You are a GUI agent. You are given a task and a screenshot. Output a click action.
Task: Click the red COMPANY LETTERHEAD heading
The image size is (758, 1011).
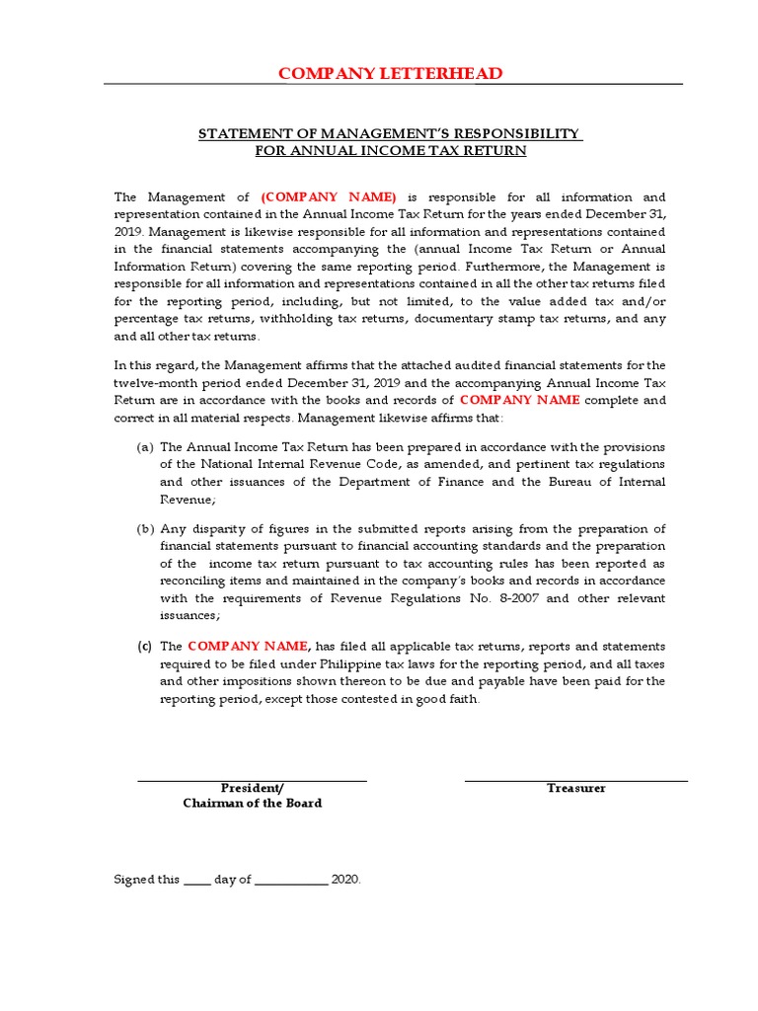tap(390, 74)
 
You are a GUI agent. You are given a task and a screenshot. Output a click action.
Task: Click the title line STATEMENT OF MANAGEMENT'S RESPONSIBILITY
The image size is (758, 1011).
tap(390, 133)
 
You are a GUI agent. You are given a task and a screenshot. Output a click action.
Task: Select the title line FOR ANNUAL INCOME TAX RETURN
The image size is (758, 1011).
tap(390, 151)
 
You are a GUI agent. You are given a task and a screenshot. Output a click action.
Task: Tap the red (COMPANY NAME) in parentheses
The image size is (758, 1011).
tap(329, 197)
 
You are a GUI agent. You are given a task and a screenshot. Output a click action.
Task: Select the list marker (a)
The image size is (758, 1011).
tap(145, 447)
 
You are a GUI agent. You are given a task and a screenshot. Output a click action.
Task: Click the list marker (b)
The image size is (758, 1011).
tap(145, 529)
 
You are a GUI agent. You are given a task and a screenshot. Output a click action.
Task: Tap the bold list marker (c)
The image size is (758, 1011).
tap(145, 647)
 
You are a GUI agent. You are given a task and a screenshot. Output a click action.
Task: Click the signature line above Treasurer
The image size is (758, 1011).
tap(576, 781)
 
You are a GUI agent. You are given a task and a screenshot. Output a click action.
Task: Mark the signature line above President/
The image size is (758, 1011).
tap(252, 781)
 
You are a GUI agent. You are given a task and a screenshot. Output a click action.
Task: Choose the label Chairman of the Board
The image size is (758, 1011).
tap(253, 804)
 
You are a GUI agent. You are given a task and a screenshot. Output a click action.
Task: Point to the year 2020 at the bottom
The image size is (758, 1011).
tap(345, 879)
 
